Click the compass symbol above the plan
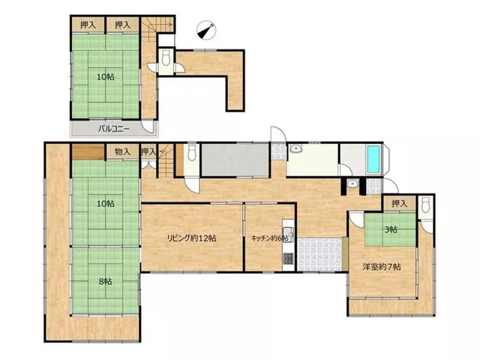click(x=206, y=30)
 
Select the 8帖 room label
click(x=105, y=282)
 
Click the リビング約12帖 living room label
click(x=192, y=238)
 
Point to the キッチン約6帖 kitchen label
click(x=269, y=238)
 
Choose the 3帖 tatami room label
click(x=391, y=229)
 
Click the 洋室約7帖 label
click(x=382, y=267)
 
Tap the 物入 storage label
click(x=122, y=151)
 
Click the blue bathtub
click(x=373, y=159)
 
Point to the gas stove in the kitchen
click(x=288, y=258)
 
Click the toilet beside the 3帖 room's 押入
click(x=426, y=205)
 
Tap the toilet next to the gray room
click(x=192, y=153)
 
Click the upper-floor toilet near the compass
click(x=166, y=58)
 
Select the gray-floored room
click(x=235, y=160)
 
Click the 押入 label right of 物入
click(x=148, y=151)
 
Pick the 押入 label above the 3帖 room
click(x=400, y=203)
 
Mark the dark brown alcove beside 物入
click(x=88, y=151)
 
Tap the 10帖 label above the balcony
click(x=106, y=76)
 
